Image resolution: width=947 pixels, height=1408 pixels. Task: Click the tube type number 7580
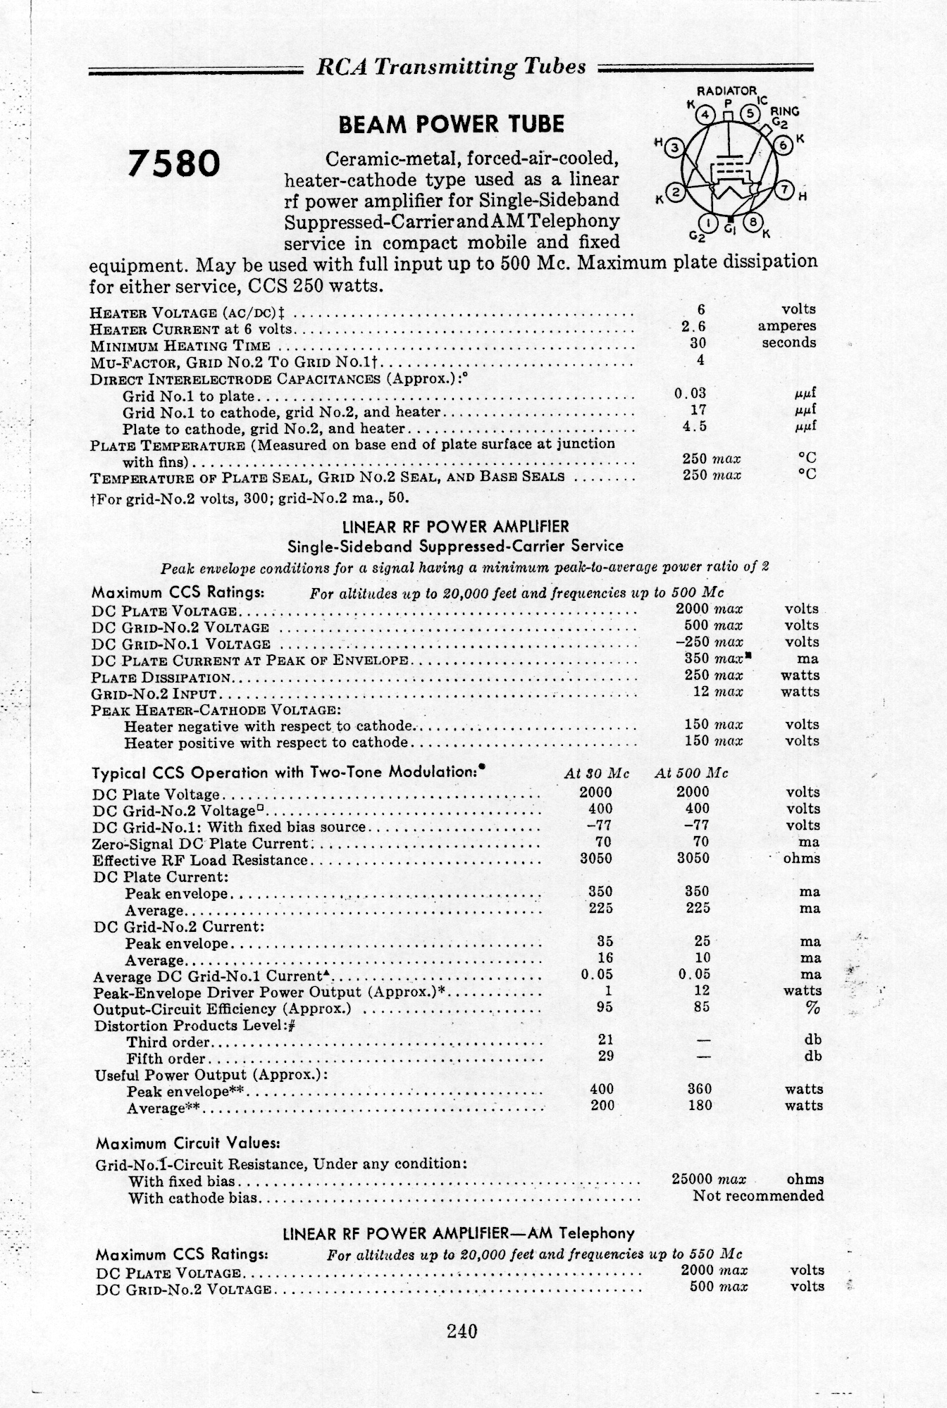[x=173, y=164]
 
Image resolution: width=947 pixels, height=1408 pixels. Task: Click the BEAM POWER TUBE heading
[x=451, y=125]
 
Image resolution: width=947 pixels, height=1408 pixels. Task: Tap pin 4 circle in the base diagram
[x=703, y=113]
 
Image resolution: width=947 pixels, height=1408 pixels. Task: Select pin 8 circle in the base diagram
[x=753, y=224]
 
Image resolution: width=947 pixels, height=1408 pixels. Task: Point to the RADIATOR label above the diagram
[x=726, y=91]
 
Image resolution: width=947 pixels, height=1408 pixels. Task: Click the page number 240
[x=462, y=1330]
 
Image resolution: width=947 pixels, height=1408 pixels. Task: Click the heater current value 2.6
[x=693, y=326]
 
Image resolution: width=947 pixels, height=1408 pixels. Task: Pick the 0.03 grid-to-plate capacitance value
[x=690, y=393]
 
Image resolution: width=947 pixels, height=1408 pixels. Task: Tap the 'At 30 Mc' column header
[x=597, y=773]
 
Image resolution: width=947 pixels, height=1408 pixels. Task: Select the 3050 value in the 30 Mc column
[x=595, y=859]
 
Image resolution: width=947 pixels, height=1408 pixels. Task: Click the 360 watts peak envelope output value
[x=699, y=1089]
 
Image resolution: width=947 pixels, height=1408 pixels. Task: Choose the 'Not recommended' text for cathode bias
[x=758, y=1195]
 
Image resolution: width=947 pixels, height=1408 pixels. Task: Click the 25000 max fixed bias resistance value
[x=709, y=1178]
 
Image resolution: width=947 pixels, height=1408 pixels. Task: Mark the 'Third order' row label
[x=168, y=1042]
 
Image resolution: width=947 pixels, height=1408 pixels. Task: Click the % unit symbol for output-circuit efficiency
[x=813, y=1008]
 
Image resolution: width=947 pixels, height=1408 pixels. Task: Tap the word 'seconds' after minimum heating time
[x=788, y=343]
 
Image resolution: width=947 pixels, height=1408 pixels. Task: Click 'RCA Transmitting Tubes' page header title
[x=451, y=66]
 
